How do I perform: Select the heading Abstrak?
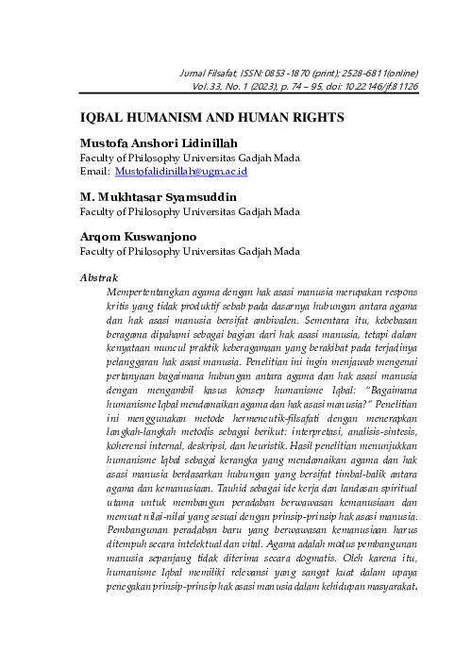click(x=98, y=277)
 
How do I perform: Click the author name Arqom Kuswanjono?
click(x=143, y=237)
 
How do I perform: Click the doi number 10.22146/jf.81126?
click(x=382, y=86)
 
